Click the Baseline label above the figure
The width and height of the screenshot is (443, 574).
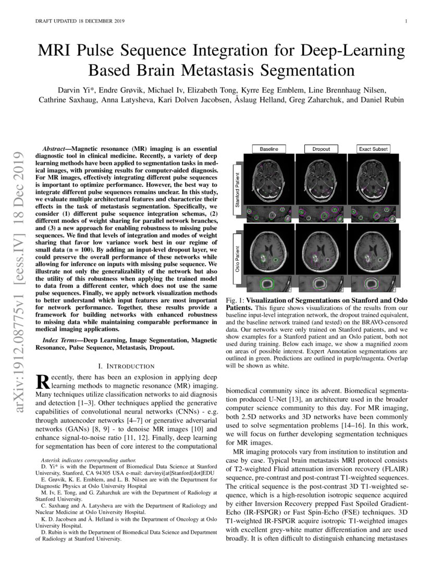tap(268, 149)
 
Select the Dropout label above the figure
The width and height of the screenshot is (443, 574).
tap(321, 149)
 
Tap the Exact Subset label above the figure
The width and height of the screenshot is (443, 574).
tap(373, 149)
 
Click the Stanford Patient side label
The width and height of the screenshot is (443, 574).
tap(237, 190)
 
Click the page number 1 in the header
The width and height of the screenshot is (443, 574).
tap(405, 21)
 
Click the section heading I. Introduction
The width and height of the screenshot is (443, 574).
tap(126, 366)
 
